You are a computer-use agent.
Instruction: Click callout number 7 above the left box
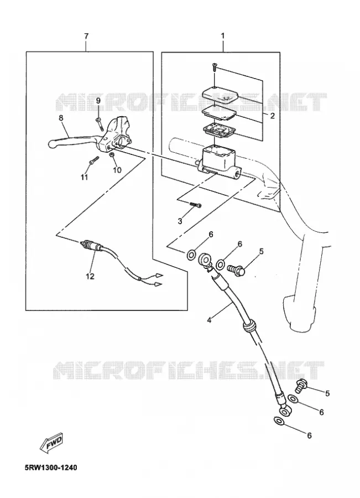[86, 36]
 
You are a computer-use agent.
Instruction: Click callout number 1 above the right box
[222, 36]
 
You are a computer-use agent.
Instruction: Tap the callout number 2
[272, 116]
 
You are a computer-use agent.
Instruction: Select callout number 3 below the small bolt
[180, 221]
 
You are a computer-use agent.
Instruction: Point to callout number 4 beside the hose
[208, 320]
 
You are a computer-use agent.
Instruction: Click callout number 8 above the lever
[61, 118]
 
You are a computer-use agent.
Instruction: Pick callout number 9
[98, 101]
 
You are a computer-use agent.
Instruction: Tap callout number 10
[117, 170]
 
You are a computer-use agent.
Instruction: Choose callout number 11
[84, 177]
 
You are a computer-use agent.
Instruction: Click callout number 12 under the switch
[90, 276]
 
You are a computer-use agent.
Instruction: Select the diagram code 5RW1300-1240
[51, 468]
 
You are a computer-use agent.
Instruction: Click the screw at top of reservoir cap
[215, 68]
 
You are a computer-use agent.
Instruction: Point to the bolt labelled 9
[99, 124]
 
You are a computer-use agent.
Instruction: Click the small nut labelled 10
[112, 155]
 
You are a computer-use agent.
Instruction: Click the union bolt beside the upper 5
[237, 269]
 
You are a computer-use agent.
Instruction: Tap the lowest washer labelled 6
[279, 422]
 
